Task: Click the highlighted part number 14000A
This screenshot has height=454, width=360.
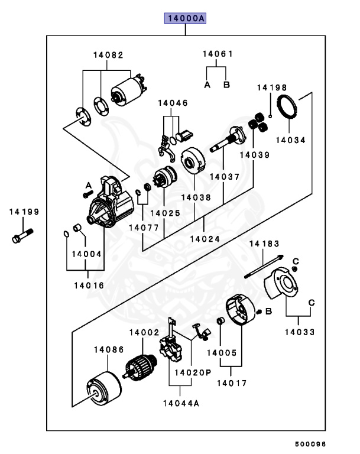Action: click(185, 19)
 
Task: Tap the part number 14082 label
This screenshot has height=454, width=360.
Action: click(108, 55)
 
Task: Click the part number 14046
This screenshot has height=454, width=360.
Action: click(173, 103)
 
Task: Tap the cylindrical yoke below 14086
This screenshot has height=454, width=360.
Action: click(104, 387)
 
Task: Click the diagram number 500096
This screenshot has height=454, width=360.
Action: click(310, 442)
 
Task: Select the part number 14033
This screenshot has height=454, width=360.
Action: click(300, 332)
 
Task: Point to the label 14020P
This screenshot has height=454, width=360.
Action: click(192, 373)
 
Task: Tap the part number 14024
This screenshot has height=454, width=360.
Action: click(205, 239)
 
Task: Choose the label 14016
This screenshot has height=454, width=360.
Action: click(89, 285)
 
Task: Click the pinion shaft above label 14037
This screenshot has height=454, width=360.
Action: click(228, 142)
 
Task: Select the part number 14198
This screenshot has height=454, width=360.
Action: click(270, 87)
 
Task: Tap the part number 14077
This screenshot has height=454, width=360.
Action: click(142, 226)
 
